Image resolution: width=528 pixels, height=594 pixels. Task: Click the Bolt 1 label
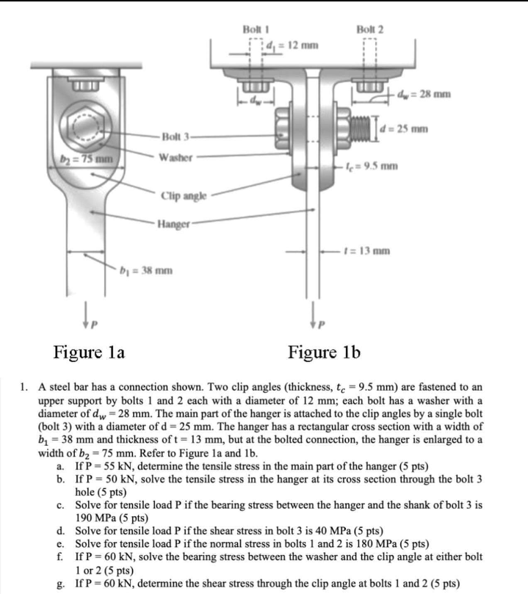(x=254, y=29)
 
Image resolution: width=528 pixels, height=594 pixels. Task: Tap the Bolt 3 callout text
(x=176, y=139)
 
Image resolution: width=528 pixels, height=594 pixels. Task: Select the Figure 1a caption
(x=89, y=352)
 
